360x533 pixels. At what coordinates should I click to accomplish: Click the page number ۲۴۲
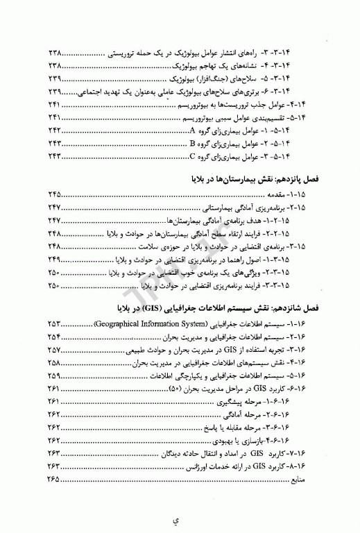(x=55, y=130)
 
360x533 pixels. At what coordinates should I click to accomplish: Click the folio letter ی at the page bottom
(x=180, y=518)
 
